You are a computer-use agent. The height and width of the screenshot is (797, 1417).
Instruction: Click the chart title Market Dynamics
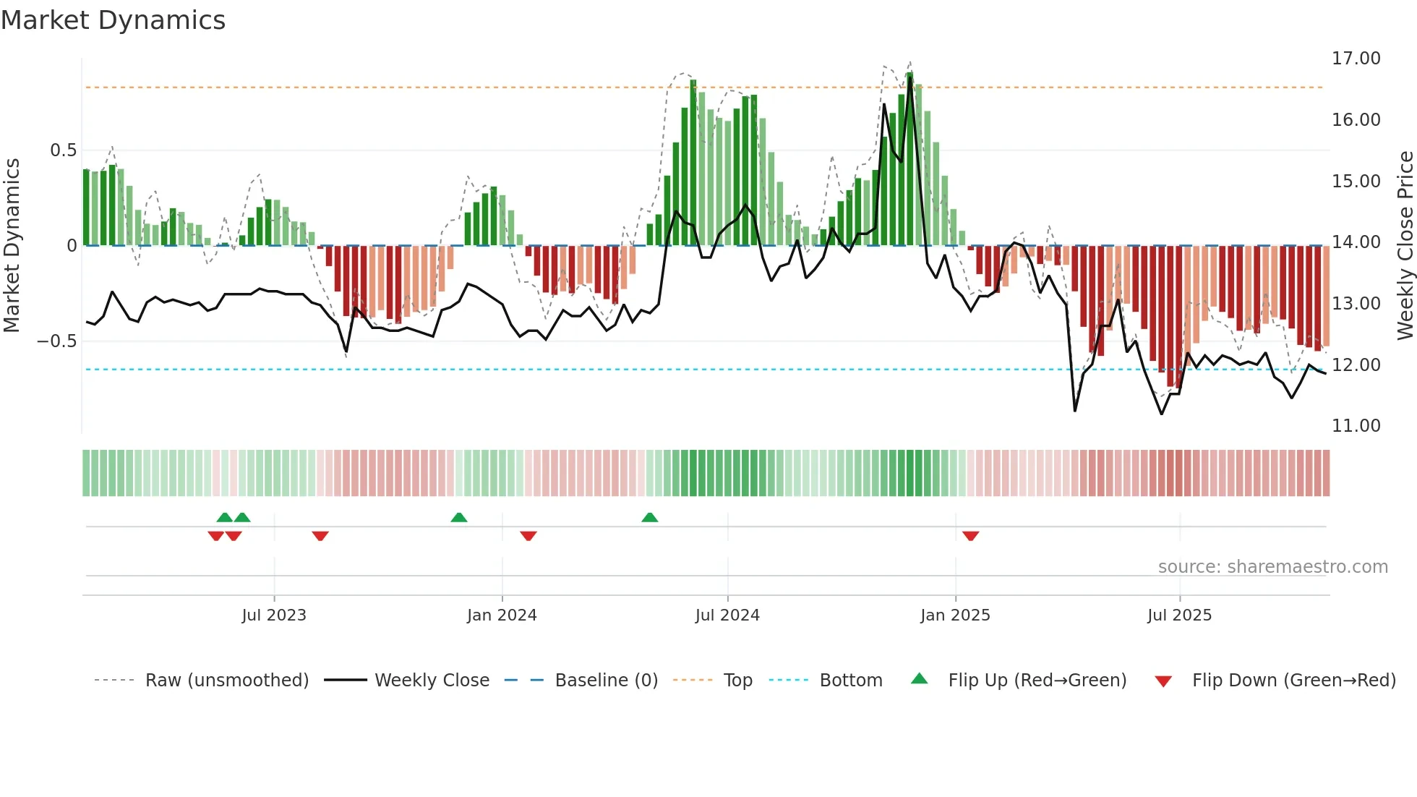click(x=114, y=20)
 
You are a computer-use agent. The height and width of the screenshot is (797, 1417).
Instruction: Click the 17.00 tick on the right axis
click(x=1356, y=59)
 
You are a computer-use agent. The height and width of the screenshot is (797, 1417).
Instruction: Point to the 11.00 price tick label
click(x=1356, y=426)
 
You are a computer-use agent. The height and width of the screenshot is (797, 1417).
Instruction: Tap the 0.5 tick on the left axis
click(x=63, y=150)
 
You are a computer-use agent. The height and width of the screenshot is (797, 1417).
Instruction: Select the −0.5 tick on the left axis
click(x=57, y=341)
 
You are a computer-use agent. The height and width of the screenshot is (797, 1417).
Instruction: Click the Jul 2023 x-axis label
click(x=274, y=615)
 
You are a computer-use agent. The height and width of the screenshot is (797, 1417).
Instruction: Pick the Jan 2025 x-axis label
click(x=955, y=615)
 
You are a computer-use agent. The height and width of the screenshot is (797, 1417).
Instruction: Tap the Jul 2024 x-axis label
click(x=727, y=615)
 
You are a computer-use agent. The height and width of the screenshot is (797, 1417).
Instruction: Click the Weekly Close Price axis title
click(x=1405, y=245)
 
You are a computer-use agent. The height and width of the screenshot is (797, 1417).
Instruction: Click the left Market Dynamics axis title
click(x=12, y=245)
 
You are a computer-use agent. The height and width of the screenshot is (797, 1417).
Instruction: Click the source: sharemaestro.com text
click(x=1272, y=567)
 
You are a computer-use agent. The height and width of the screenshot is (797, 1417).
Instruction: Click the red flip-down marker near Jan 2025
click(x=970, y=536)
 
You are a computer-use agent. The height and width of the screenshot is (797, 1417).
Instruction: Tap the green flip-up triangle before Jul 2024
click(x=649, y=517)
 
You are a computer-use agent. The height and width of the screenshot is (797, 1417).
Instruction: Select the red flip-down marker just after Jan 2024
click(x=528, y=536)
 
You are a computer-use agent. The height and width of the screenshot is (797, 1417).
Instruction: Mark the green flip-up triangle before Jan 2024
click(x=458, y=517)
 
